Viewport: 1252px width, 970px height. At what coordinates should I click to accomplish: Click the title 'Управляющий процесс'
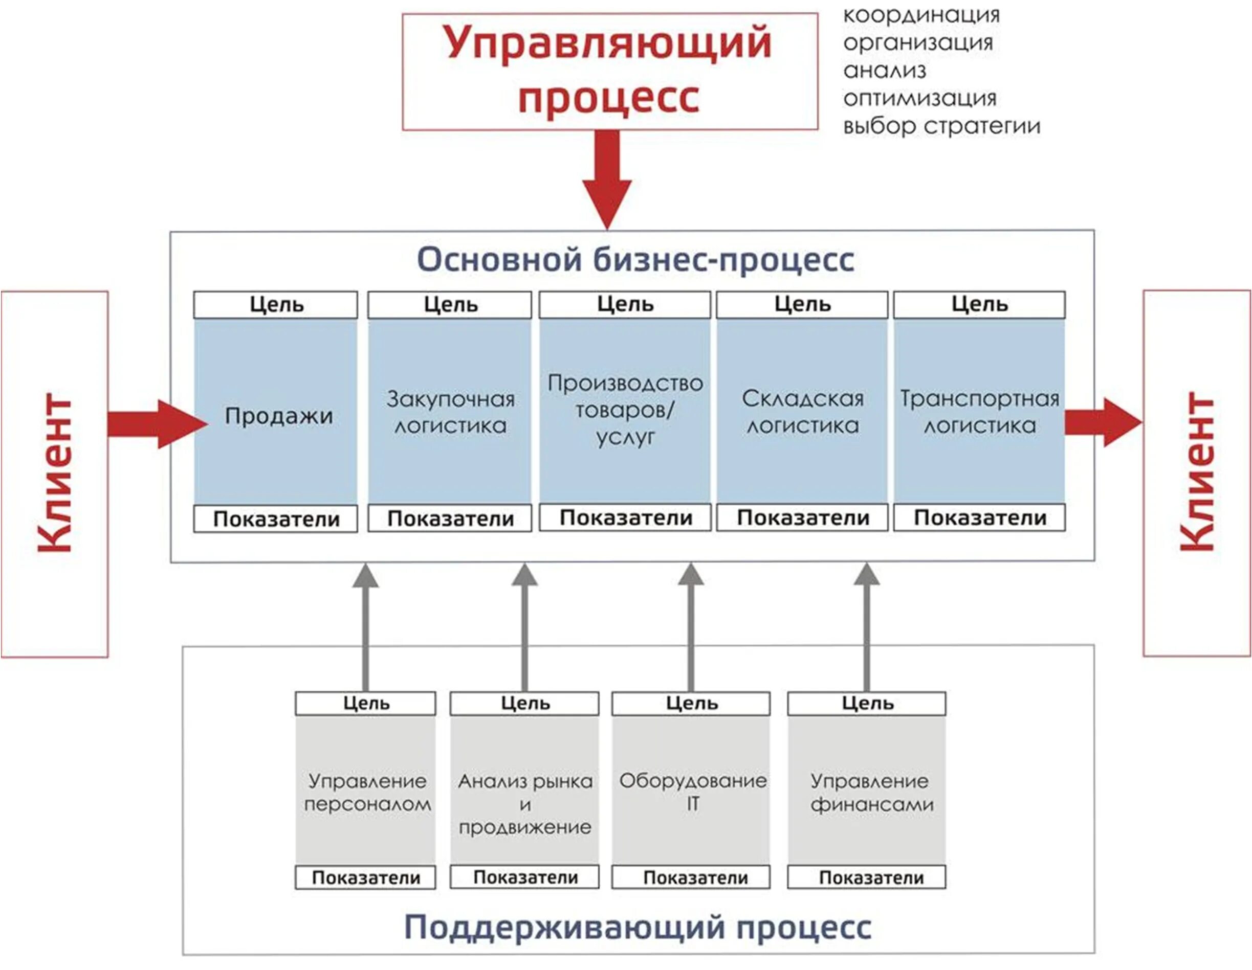pyautogui.click(x=609, y=70)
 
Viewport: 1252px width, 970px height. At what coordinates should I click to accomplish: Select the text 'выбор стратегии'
pyautogui.click(x=941, y=126)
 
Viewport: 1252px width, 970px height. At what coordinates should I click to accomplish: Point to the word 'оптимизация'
pyautogui.click(x=919, y=99)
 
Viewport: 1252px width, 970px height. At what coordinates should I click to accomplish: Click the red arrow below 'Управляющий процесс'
pyautogui.click(x=607, y=177)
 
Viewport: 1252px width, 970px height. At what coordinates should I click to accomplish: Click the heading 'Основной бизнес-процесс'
pyautogui.click(x=635, y=260)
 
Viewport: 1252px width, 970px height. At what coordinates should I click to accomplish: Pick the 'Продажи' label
pyautogui.click(x=279, y=416)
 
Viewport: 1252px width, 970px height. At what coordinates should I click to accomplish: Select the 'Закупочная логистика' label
pyautogui.click(x=451, y=413)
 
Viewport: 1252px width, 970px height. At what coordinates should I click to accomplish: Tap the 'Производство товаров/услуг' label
pyautogui.click(x=625, y=410)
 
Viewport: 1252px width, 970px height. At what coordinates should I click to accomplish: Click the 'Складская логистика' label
pyautogui.click(x=803, y=413)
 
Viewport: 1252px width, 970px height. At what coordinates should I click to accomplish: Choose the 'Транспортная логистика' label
pyautogui.click(x=980, y=413)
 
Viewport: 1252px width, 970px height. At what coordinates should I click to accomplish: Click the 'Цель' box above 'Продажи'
pyautogui.click(x=276, y=305)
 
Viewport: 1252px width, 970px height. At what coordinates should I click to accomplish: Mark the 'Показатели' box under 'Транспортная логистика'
pyautogui.click(x=980, y=518)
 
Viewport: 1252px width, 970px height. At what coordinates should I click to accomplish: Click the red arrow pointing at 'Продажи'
pyautogui.click(x=156, y=424)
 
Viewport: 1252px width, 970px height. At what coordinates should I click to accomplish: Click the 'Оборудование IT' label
pyautogui.click(x=692, y=792)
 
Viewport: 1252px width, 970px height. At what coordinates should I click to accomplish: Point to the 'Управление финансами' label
pyautogui.click(x=871, y=793)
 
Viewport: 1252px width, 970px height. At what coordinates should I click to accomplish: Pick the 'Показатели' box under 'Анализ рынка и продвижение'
pyautogui.click(x=525, y=877)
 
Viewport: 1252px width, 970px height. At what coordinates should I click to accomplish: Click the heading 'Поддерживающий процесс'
pyautogui.click(x=638, y=927)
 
